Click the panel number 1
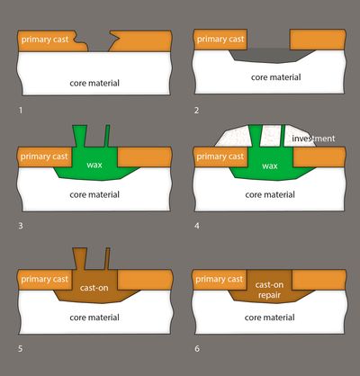(21, 111)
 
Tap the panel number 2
(196, 111)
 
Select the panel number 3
(21, 226)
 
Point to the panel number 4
(197, 226)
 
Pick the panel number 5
(21, 349)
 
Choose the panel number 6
(197, 349)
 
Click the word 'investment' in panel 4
(313, 139)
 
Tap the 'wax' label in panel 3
(94, 165)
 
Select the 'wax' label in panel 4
(270, 166)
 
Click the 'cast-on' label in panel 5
(94, 288)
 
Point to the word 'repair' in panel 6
(269, 295)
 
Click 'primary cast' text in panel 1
(45, 40)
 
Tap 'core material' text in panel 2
(276, 77)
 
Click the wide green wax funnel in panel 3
(80, 136)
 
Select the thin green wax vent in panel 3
(107, 136)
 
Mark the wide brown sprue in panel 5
(80, 258)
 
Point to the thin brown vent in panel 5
(107, 258)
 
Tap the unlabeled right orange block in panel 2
(318, 40)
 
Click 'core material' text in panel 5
(94, 318)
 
